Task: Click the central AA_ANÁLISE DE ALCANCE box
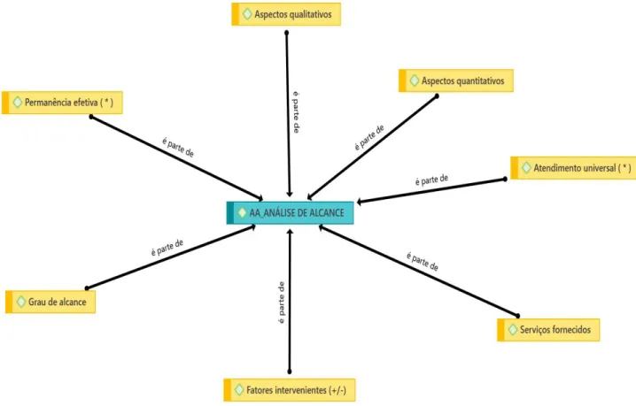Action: [290, 212]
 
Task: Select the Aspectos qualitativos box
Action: [286, 14]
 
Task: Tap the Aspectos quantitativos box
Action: [456, 80]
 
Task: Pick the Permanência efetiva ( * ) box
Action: [62, 103]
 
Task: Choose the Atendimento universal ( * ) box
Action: [573, 168]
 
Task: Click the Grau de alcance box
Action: [50, 302]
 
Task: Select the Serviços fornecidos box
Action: [548, 330]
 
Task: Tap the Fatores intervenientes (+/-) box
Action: [290, 390]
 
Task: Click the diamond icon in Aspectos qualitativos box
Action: [247, 14]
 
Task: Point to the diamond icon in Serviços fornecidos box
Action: [513, 330]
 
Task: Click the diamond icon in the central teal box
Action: [242, 212]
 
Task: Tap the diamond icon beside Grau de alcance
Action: [21, 302]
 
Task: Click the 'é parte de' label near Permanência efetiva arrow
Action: [178, 147]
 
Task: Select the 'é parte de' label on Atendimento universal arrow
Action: [431, 180]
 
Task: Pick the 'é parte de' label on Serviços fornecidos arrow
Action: [423, 262]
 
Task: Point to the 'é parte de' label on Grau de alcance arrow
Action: [167, 248]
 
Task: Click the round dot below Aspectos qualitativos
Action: [287, 33]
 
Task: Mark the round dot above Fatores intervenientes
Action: [289, 372]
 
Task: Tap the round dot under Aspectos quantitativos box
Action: [437, 96]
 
